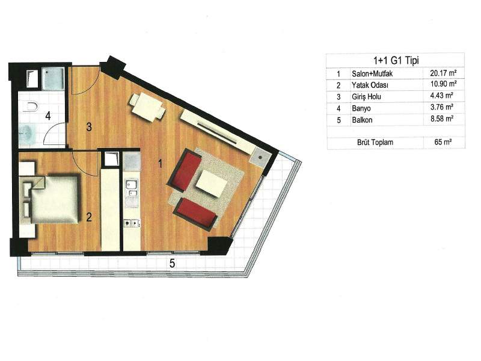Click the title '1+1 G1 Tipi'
point(396,61)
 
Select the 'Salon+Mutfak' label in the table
point(372,73)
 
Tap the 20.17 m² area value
point(443,73)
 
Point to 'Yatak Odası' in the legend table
point(370,85)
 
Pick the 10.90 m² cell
point(443,84)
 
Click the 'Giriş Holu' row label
point(366,97)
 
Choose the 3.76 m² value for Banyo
point(442,107)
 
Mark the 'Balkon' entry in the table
point(362,120)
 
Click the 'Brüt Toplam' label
point(375,143)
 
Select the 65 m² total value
point(443,142)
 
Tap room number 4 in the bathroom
point(48,116)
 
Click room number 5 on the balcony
point(173,263)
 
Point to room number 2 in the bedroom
point(89,217)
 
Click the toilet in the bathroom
point(31,107)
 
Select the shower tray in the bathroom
point(53,78)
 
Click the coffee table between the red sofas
point(212,184)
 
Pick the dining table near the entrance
point(147,107)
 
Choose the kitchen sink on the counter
point(132,189)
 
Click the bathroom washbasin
point(26,133)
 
